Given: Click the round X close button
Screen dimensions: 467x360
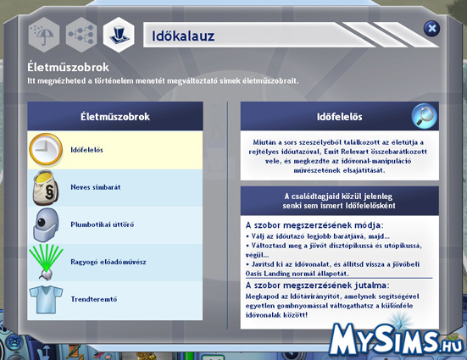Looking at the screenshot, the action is click(x=431, y=29).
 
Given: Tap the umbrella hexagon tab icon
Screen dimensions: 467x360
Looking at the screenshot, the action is click(x=44, y=35).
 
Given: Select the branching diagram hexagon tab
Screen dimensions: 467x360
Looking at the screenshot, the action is click(x=81, y=35).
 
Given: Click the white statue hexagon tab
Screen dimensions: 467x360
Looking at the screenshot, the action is click(x=119, y=35).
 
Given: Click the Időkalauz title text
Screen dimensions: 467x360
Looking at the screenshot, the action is click(x=183, y=36).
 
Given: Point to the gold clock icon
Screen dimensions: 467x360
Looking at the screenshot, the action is click(x=46, y=149).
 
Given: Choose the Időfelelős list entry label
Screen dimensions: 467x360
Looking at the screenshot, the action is click(x=86, y=150).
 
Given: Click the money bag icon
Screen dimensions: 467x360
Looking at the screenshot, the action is click(x=46, y=187).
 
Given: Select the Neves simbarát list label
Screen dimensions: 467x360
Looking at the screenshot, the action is click(x=96, y=187).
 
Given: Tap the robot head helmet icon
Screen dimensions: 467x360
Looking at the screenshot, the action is click(x=46, y=224).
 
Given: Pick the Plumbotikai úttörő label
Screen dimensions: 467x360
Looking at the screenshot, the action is click(x=103, y=224).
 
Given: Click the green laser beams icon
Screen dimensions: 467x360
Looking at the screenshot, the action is click(x=46, y=262).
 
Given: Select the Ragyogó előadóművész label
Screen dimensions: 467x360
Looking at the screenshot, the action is click(x=108, y=262).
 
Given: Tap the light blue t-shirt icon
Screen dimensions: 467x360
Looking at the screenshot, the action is click(x=46, y=299).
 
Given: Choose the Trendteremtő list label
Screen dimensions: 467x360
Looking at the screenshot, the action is click(x=94, y=299).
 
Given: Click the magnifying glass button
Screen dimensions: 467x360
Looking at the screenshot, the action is click(x=424, y=116).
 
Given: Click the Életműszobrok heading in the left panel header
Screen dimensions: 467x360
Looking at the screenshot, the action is click(x=115, y=117).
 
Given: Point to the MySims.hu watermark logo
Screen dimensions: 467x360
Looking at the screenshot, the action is click(x=397, y=340).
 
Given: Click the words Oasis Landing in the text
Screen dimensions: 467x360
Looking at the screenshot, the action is click(x=264, y=274).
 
